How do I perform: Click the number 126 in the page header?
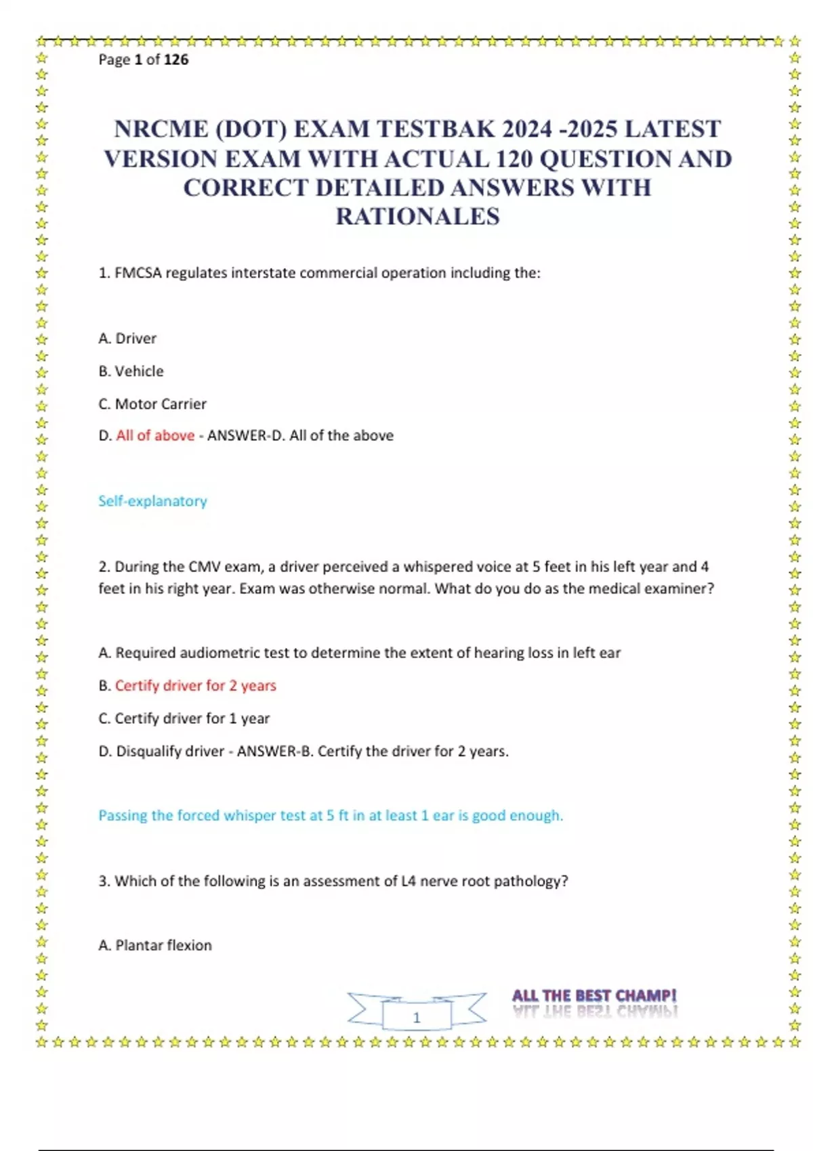176,60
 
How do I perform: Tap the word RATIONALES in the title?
417,217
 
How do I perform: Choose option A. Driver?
127,339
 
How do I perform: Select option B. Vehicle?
131,371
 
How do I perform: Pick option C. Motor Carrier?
152,404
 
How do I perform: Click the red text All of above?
155,435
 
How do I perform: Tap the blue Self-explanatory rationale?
152,501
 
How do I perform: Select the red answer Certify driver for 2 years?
195,686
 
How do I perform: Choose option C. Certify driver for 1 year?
184,718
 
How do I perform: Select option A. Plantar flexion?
155,945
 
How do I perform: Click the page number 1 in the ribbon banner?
417,1018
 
